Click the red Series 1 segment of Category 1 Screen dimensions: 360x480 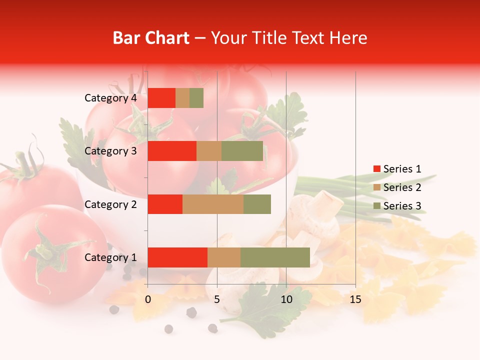(x=177, y=257)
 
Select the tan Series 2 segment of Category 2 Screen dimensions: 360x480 (x=213, y=204)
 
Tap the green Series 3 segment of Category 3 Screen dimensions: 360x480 (x=242, y=151)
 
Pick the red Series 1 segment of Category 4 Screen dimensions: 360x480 (x=161, y=98)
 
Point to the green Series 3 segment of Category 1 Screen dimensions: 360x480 (x=275, y=257)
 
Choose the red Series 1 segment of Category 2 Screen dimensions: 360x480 (x=165, y=204)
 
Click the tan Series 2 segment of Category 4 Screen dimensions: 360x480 (x=182, y=98)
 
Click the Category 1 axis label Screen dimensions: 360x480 (x=110, y=257)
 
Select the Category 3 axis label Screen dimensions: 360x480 (x=110, y=151)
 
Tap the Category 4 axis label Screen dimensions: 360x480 (x=110, y=98)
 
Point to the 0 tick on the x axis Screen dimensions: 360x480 (x=148, y=299)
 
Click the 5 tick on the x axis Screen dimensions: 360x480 (x=217, y=299)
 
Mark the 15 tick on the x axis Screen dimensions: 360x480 (x=355, y=299)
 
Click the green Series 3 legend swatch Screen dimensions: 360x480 (x=376, y=206)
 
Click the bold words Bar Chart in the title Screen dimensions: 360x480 (x=151, y=38)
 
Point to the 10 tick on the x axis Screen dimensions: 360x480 (x=286, y=299)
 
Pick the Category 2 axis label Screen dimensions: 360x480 (x=110, y=204)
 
